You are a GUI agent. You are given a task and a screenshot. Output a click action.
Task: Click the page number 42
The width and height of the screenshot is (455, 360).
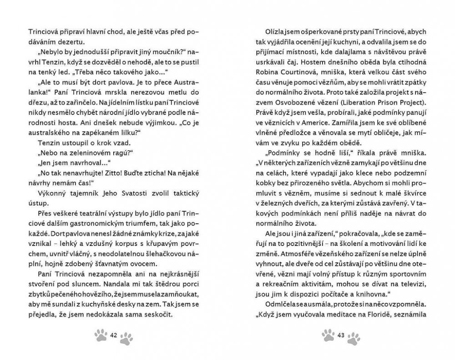(x=114, y=335)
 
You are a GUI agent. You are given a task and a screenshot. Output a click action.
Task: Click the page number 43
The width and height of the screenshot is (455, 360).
(x=341, y=335)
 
